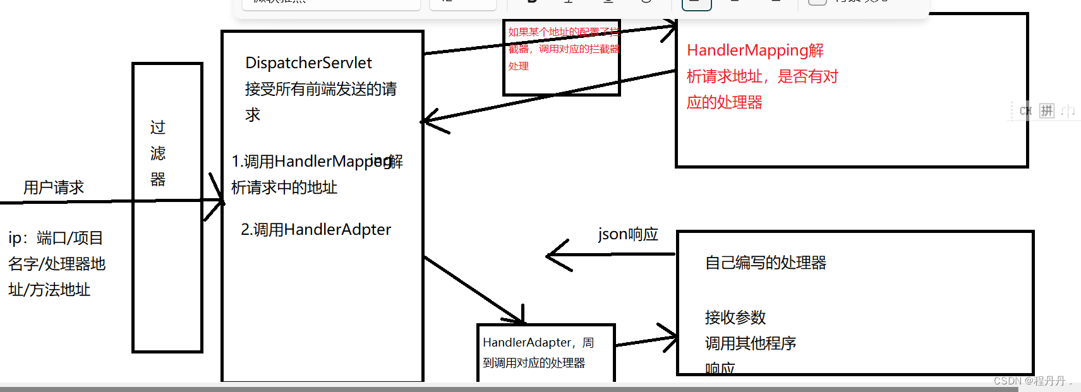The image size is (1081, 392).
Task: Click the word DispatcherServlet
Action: (x=308, y=63)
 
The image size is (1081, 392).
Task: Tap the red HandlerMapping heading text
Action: (x=755, y=50)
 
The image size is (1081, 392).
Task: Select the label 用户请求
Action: (x=54, y=187)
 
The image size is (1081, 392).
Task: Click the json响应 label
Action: (x=628, y=234)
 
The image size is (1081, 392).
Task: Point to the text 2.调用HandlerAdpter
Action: (x=316, y=230)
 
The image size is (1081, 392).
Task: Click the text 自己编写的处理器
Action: (x=765, y=263)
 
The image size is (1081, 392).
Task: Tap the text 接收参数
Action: (x=735, y=317)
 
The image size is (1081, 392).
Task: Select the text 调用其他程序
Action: (x=750, y=343)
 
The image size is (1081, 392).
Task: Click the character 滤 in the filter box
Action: (x=158, y=153)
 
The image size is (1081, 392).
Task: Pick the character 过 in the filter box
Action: (x=158, y=128)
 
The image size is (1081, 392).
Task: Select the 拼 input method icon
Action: (x=1047, y=111)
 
